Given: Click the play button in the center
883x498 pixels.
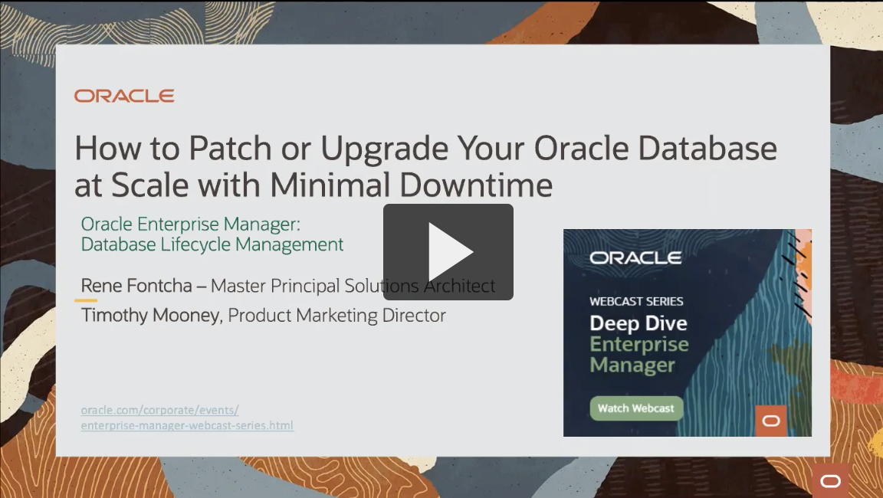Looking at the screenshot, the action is click(x=448, y=252).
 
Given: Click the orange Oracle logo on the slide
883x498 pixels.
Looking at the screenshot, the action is click(x=124, y=97).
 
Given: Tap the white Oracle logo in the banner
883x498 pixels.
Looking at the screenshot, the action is click(x=635, y=257).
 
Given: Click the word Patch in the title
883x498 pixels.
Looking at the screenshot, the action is click(x=230, y=149).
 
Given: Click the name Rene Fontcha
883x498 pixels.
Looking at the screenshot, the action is click(x=136, y=285).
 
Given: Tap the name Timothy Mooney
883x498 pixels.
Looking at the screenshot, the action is click(x=150, y=315).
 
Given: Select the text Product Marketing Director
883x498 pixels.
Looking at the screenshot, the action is click(x=336, y=315).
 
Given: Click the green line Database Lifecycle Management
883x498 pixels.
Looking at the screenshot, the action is click(x=212, y=244).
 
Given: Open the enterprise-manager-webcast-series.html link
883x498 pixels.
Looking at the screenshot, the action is click(x=187, y=425).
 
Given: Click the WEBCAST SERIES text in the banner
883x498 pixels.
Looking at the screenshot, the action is click(x=636, y=302).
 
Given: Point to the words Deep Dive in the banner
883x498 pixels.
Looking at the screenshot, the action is click(x=638, y=323).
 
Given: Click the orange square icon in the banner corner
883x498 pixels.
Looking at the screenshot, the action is click(x=771, y=421).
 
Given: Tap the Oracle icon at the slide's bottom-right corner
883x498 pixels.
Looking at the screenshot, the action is click(x=831, y=481).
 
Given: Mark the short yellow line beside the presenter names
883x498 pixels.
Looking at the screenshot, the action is click(x=86, y=300).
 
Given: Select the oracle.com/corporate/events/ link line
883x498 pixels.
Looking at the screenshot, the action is click(x=160, y=410).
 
